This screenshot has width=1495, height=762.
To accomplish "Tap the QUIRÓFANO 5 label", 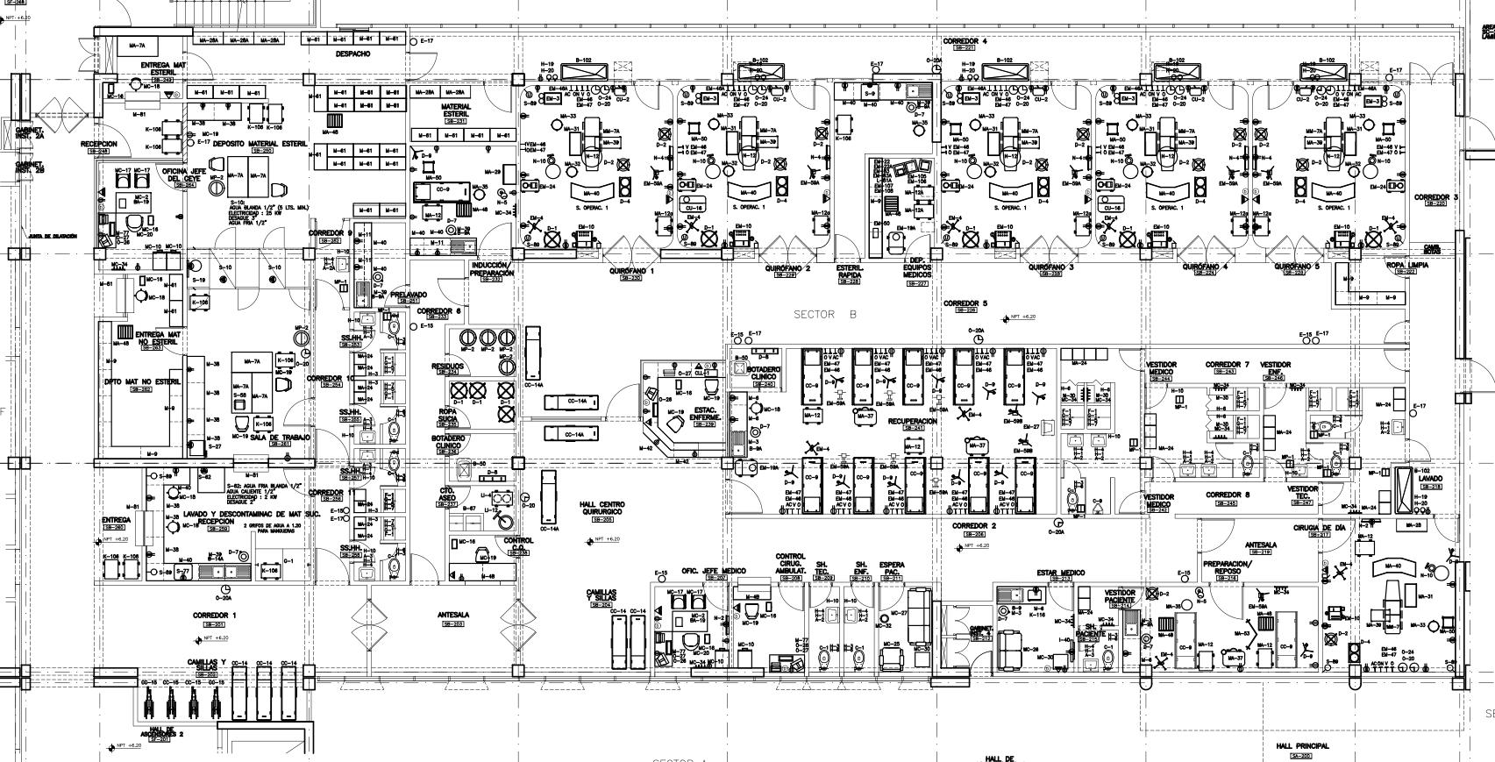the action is (1297, 267).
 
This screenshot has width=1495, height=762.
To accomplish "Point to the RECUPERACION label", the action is (912, 421).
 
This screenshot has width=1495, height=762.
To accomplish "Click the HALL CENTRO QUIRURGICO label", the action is (602, 508).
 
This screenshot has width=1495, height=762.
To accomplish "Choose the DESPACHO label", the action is (352, 54).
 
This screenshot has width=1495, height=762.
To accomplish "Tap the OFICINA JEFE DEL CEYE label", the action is (186, 174).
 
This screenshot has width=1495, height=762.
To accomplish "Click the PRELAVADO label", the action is (409, 296).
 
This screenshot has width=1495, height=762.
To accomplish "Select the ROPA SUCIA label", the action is (447, 415).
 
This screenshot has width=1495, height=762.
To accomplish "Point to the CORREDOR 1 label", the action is (215, 616).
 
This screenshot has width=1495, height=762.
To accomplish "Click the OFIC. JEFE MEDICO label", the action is (714, 571).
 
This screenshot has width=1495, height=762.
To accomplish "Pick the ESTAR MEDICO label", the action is (1060, 573).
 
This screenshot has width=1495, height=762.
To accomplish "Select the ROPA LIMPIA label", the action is (1406, 264).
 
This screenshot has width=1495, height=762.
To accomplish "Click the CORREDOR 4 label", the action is (965, 41).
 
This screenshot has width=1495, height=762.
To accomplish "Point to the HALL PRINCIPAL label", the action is (1303, 746).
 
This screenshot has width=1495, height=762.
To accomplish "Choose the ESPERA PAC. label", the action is (892, 568).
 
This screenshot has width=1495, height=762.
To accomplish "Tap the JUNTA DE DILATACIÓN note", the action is (53, 236).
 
